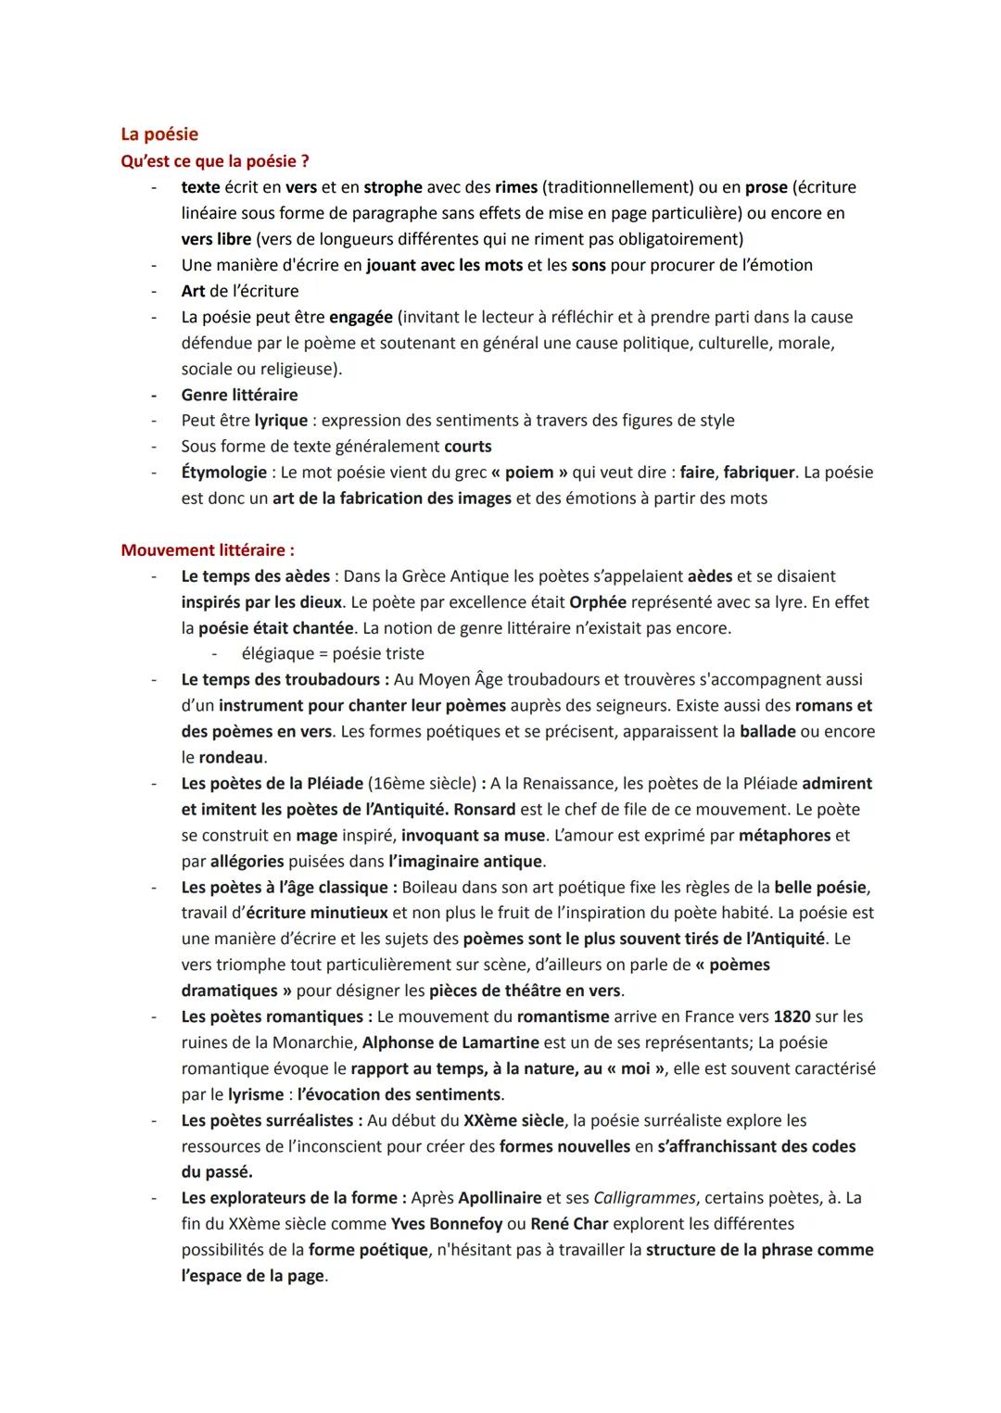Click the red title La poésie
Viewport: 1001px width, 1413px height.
(159, 134)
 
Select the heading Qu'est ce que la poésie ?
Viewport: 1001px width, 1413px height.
(215, 161)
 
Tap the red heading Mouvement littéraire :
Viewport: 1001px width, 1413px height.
(208, 550)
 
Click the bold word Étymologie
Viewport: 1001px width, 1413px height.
(224, 473)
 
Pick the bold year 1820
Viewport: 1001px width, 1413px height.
(791, 1016)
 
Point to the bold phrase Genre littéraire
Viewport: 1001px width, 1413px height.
(239, 395)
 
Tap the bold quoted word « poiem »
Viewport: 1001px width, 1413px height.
(529, 473)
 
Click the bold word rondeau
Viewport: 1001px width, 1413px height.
(231, 758)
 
